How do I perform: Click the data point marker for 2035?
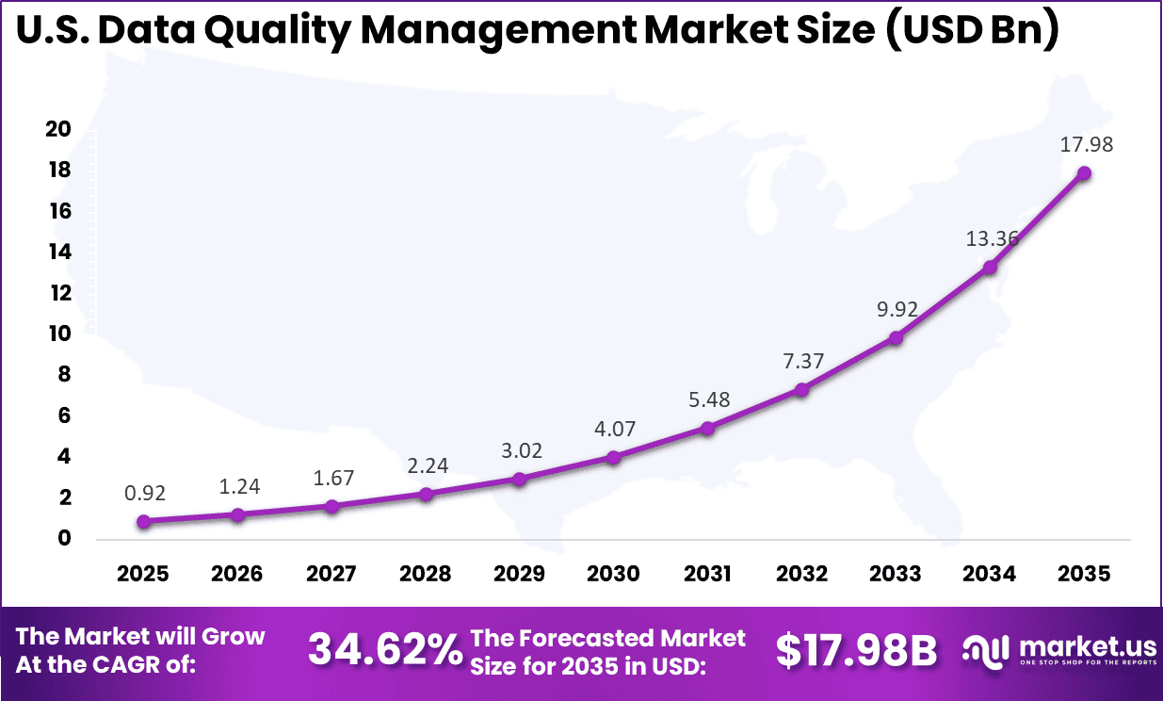[x=1084, y=173]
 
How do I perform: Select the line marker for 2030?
[x=613, y=458]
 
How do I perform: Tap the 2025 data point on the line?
[x=143, y=521]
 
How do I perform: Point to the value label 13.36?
[x=991, y=238]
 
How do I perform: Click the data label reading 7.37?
[x=802, y=361]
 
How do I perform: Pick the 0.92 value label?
[x=143, y=493]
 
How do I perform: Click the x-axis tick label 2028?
[x=426, y=574]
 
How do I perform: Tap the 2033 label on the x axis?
[x=896, y=574]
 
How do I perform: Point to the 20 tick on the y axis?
[x=58, y=129]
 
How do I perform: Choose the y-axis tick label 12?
[x=58, y=293]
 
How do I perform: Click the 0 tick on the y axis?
[x=64, y=538]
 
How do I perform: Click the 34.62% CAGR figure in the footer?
[x=385, y=649]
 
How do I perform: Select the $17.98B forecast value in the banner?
[x=856, y=650]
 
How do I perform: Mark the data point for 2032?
[x=801, y=389]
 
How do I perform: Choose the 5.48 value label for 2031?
[x=708, y=399]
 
